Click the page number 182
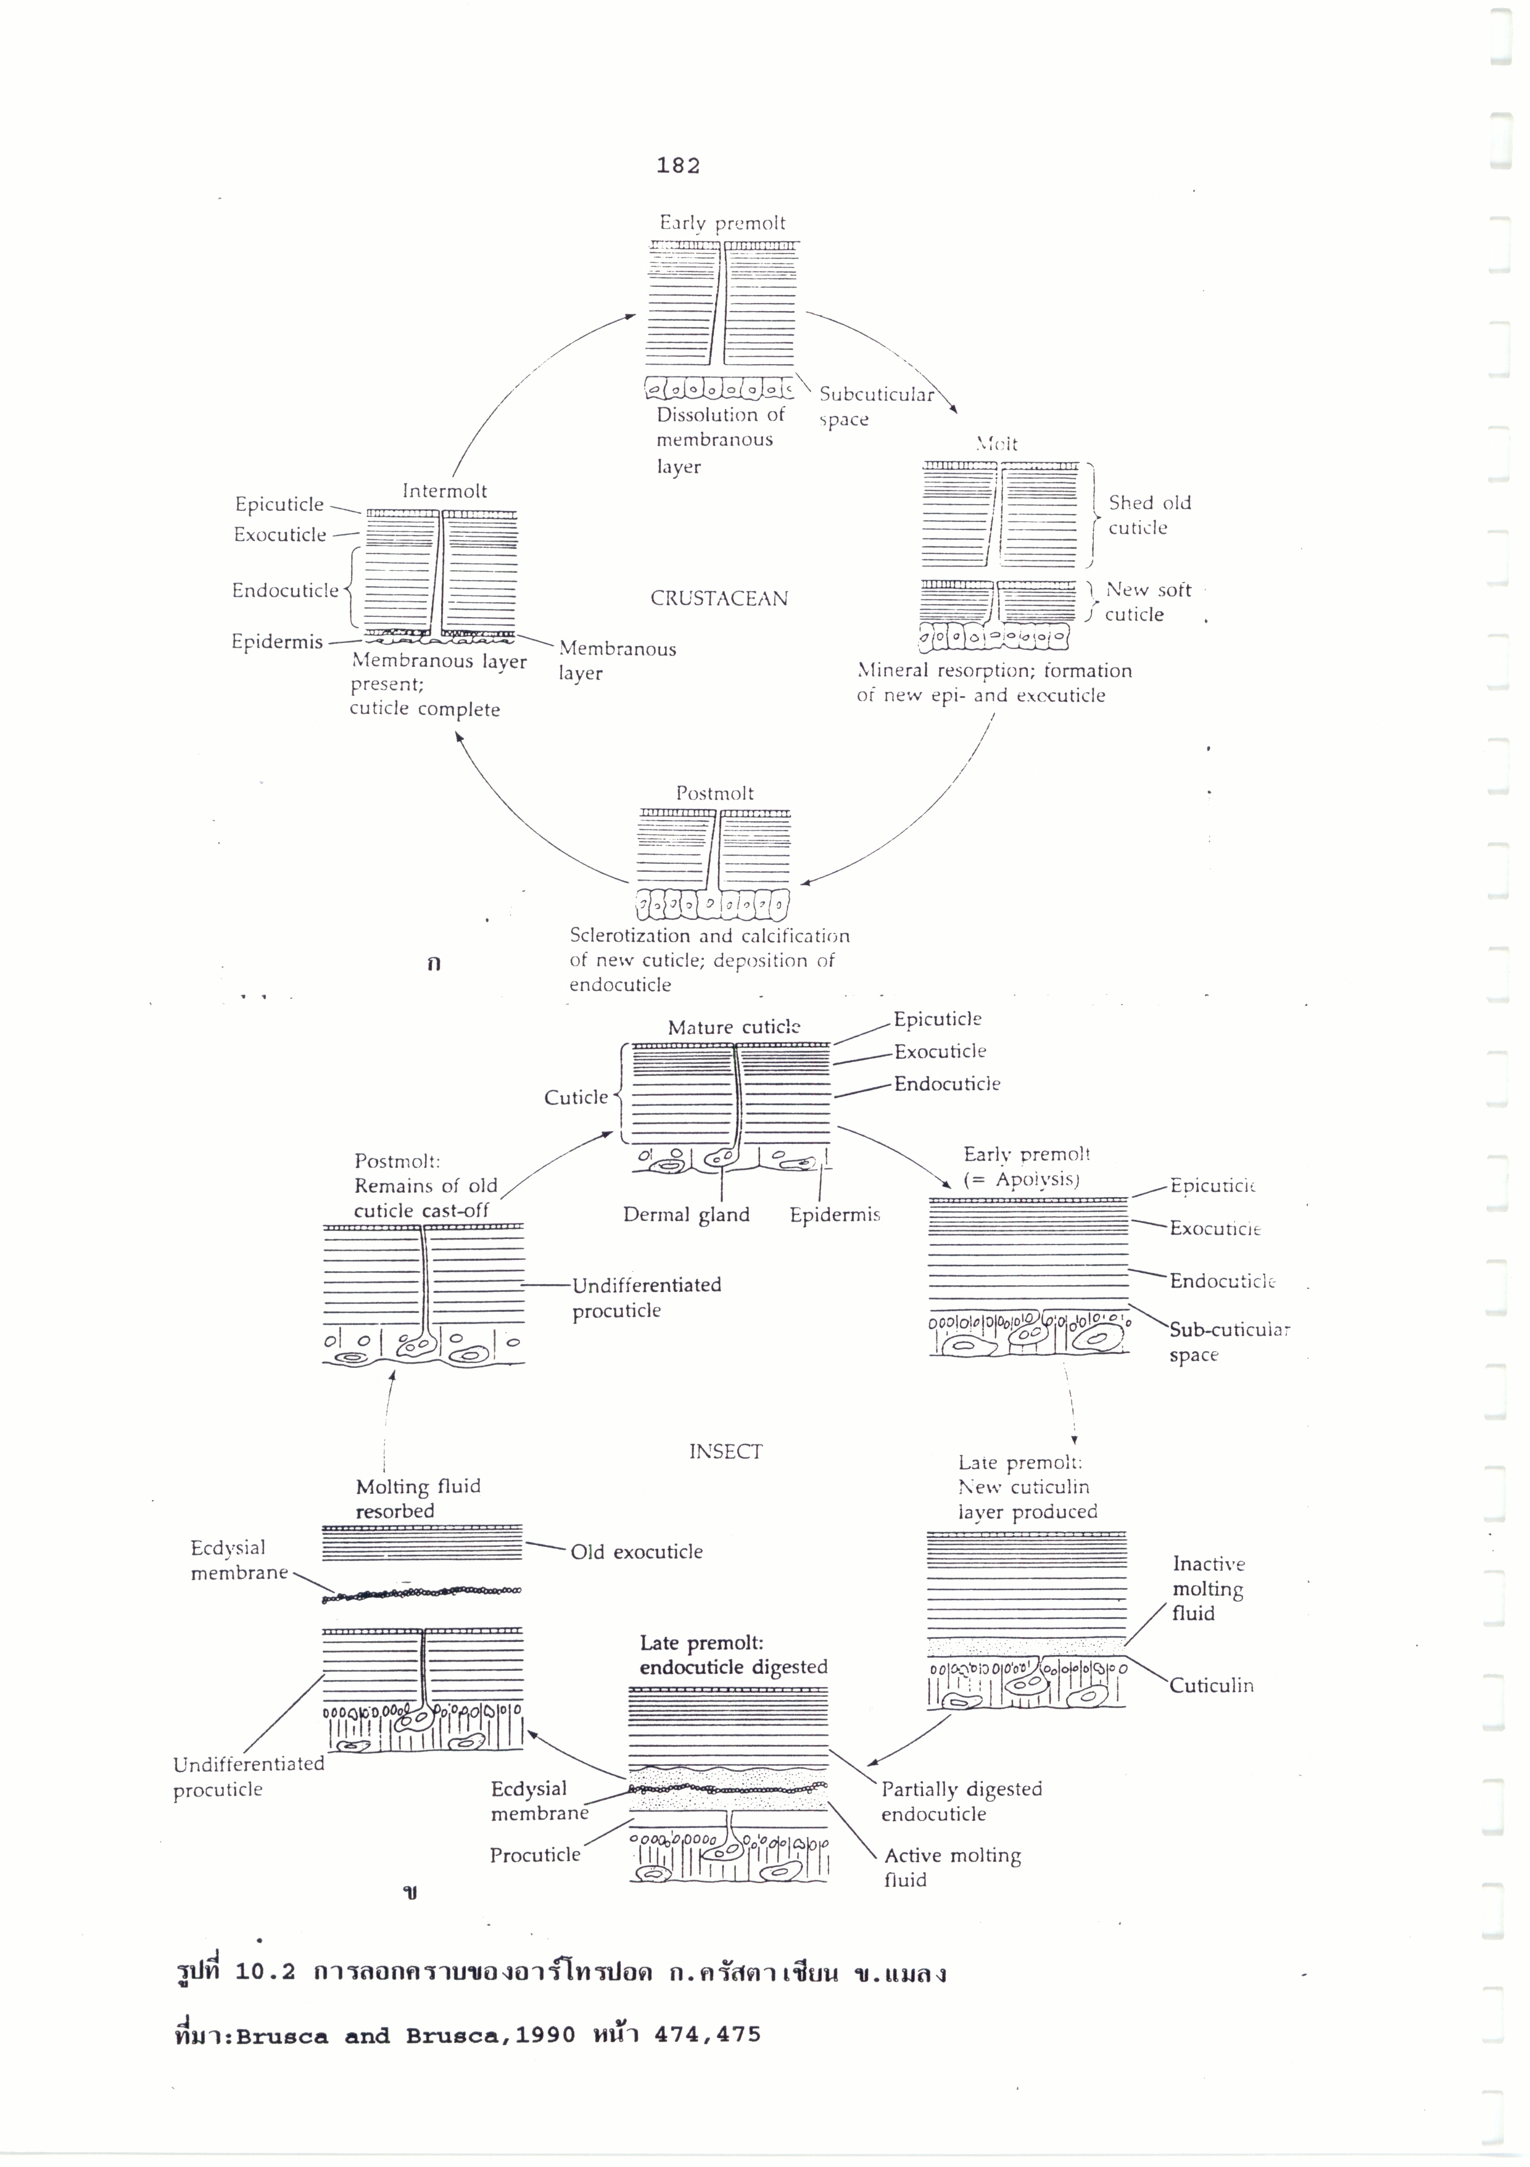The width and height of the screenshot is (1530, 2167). click(677, 166)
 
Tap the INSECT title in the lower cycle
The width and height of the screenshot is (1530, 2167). click(725, 1452)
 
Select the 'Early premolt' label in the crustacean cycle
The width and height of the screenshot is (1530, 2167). click(722, 224)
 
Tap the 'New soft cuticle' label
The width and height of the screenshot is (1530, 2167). click(1147, 602)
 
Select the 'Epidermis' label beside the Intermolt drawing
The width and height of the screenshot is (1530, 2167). click(276, 642)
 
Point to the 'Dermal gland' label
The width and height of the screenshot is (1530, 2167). click(686, 1215)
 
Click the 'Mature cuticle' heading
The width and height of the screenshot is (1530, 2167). click(734, 1028)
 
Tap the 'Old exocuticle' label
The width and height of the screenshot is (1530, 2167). click(636, 1552)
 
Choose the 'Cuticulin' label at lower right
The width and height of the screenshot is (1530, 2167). click(1211, 1686)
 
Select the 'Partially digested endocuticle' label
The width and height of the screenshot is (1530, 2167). click(961, 1801)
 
